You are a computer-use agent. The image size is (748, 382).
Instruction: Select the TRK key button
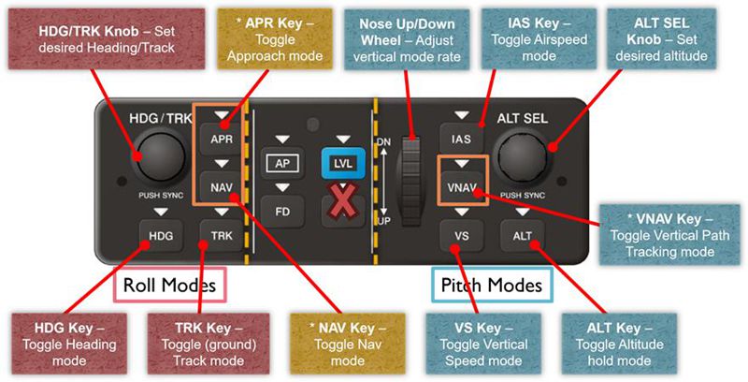(x=220, y=234)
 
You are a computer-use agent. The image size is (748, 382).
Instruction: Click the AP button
(x=283, y=162)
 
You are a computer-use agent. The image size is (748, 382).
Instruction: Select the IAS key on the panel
(x=461, y=140)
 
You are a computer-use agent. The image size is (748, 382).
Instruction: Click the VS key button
(x=461, y=234)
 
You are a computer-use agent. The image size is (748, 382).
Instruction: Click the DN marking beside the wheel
(x=382, y=141)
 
